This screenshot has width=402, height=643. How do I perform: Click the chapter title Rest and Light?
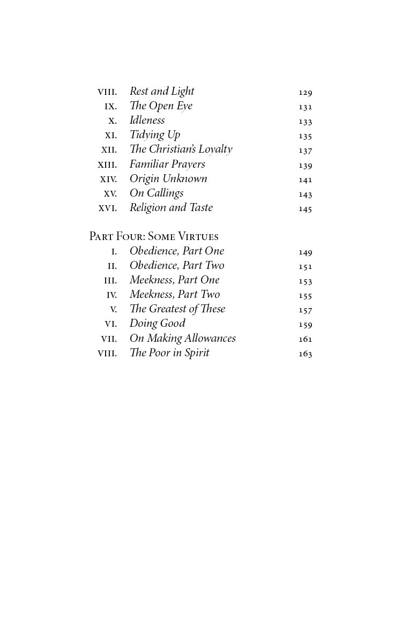[x=162, y=92]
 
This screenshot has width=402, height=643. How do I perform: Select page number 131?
[x=305, y=107]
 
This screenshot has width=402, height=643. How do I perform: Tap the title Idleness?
[x=147, y=121]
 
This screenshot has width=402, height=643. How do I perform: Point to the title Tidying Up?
[x=155, y=135]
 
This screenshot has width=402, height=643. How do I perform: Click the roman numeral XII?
[x=109, y=150]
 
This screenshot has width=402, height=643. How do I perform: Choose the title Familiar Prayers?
[x=167, y=165]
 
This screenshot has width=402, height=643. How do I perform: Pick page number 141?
[x=305, y=180]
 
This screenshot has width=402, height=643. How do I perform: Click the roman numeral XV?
[x=110, y=194]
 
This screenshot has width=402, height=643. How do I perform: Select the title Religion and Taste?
[x=171, y=208]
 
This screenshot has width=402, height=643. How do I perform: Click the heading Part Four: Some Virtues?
[x=154, y=236]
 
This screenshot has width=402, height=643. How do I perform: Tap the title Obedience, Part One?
[x=177, y=251]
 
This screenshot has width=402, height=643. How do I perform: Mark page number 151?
[x=305, y=266]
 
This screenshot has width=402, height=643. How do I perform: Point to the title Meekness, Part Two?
[x=175, y=295]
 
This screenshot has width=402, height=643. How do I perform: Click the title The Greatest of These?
[x=177, y=309]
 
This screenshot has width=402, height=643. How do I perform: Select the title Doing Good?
[x=158, y=324]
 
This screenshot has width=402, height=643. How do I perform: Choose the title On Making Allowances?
[x=183, y=339]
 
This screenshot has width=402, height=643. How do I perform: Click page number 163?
[x=305, y=354]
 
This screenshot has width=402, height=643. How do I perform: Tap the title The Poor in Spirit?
[x=169, y=353]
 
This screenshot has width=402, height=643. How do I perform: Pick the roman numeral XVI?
[x=108, y=208]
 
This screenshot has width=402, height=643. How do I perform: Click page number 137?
[x=305, y=151]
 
